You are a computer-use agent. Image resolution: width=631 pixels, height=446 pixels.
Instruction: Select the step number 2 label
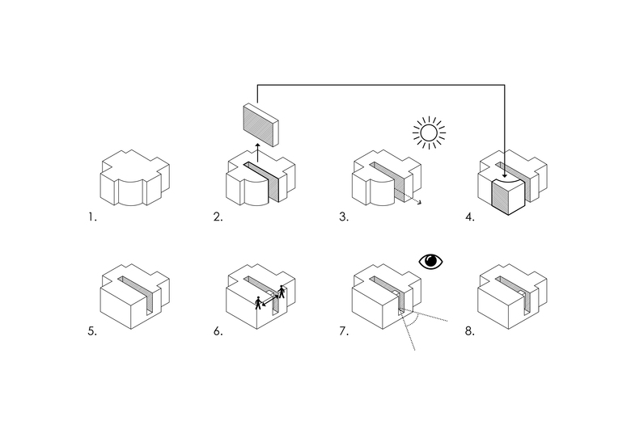click(x=217, y=217)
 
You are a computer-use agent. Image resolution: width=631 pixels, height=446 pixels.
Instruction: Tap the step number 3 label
click(x=344, y=217)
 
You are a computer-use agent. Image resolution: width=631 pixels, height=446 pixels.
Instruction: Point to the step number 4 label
click(x=470, y=217)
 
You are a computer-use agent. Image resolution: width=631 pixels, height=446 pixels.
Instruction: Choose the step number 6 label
click(x=218, y=331)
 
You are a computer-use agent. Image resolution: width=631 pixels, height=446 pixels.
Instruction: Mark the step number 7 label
click(x=344, y=331)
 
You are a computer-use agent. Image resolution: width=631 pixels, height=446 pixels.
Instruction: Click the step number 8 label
click(x=470, y=331)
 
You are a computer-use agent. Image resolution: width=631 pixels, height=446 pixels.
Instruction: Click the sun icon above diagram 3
click(x=429, y=133)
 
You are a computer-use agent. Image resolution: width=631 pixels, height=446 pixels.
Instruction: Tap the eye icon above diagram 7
click(x=432, y=261)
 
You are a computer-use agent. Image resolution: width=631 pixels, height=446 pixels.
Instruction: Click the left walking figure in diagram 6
click(x=258, y=303)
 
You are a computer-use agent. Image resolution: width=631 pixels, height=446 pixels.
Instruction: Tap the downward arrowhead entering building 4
click(x=504, y=174)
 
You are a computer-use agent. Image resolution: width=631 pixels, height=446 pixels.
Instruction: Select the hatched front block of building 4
click(x=506, y=196)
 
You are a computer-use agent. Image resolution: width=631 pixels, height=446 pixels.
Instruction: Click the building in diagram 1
click(x=134, y=178)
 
